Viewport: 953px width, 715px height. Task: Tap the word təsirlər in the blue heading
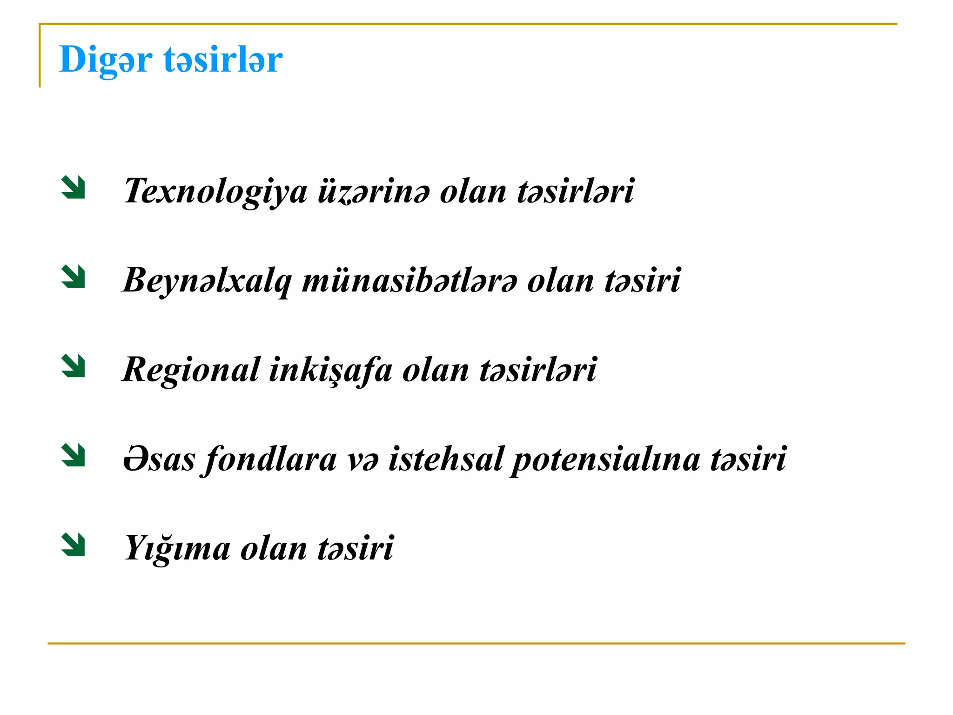click(x=223, y=60)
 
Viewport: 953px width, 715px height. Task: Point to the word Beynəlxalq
click(x=207, y=281)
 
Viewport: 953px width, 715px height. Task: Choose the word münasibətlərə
click(x=409, y=281)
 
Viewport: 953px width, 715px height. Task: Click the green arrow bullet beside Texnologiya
click(x=74, y=188)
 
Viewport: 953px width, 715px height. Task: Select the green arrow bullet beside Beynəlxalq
click(x=74, y=277)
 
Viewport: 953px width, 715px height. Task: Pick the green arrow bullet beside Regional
click(x=74, y=366)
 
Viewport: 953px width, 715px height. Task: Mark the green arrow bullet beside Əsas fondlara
click(x=74, y=455)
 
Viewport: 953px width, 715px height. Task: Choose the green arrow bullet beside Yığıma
click(x=74, y=545)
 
